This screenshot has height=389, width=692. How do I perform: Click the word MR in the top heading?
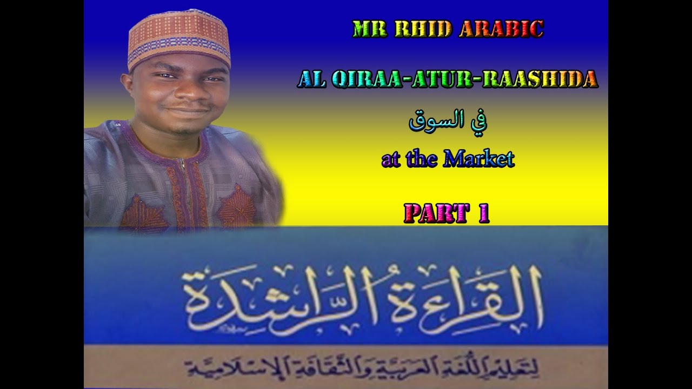(x=365, y=29)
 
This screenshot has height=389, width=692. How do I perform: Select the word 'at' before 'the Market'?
(x=391, y=159)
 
